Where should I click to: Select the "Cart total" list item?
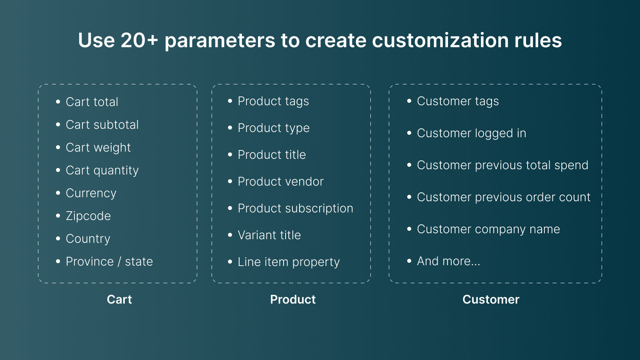92,102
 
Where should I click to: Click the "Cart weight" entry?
98,148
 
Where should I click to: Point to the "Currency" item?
91,193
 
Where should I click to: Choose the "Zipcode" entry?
88,216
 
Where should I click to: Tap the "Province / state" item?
109,262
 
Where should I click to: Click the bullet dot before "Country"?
58,239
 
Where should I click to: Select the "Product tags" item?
273,101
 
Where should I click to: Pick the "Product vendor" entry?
280,182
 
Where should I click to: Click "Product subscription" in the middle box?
295,208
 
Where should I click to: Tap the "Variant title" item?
269,235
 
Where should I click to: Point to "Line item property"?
288,262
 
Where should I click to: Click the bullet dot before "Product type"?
230,128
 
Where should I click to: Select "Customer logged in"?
471,133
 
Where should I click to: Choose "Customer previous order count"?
504,197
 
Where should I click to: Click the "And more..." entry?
448,261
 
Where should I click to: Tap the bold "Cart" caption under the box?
119,300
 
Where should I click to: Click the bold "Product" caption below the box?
293,300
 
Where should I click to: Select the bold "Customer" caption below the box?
491,300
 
